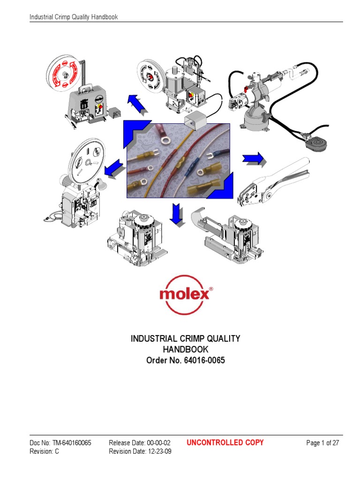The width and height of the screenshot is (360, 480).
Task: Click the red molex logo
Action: tap(186, 294)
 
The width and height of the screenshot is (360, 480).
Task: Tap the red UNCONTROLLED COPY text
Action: tap(225, 442)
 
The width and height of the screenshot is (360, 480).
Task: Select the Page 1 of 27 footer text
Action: tap(322, 443)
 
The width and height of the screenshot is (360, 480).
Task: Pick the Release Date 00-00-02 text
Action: tap(140, 443)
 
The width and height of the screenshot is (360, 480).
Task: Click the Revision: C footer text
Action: tap(44, 452)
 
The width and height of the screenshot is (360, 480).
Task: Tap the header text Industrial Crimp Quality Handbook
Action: tap(74, 17)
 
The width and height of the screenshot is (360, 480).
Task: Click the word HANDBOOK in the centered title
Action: tap(185, 350)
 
